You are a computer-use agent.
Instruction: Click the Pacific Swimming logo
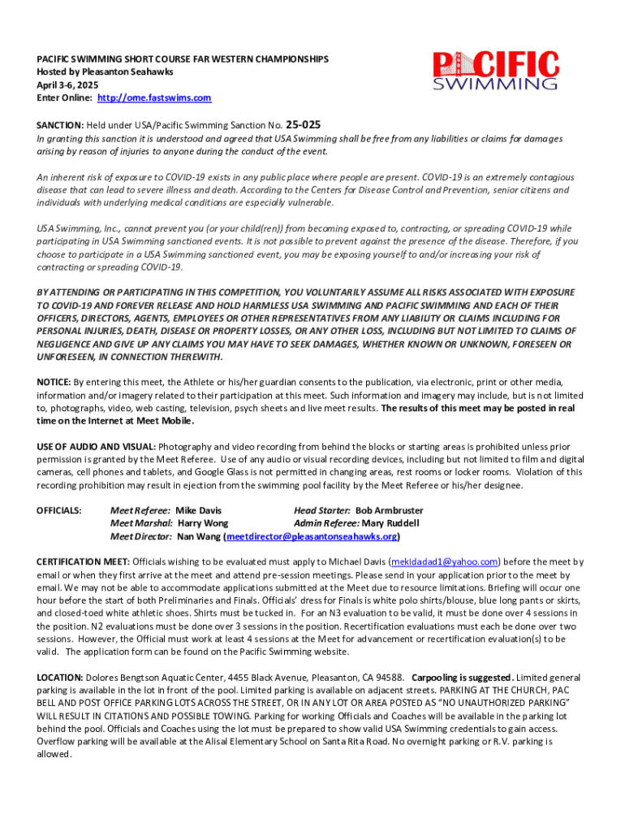494,69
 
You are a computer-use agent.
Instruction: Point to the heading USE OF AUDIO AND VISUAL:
96,447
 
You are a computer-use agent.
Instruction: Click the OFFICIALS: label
59,510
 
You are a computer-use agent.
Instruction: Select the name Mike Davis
198,510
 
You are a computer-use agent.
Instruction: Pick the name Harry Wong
202,523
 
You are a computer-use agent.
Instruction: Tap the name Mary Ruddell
386,523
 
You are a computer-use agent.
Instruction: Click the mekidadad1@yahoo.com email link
444,561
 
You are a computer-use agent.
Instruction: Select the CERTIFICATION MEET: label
83,561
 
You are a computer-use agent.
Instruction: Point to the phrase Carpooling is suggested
461,677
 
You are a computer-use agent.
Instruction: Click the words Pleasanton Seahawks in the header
121,71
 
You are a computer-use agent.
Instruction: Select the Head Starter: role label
322,510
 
